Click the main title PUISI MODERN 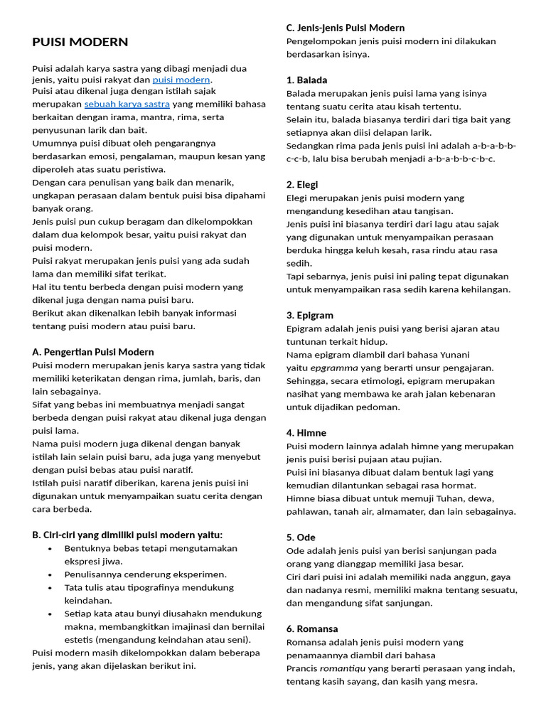pos(80,42)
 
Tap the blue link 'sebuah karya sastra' pos(127,104)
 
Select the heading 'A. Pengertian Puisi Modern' pos(93,352)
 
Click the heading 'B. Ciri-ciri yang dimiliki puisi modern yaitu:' pos(127,535)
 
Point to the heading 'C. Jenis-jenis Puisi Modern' pos(346,28)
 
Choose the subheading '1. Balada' pos(307,80)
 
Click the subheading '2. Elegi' pos(302,184)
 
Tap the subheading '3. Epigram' pos(310,315)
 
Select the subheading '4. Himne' pos(306,432)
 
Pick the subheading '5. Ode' pos(301,537)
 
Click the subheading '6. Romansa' pos(312,628)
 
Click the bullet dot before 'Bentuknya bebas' pos(50,549)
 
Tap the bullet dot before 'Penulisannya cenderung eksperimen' pos(50,574)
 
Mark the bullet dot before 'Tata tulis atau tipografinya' pos(50,588)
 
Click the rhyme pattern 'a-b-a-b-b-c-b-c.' pos(461,159)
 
